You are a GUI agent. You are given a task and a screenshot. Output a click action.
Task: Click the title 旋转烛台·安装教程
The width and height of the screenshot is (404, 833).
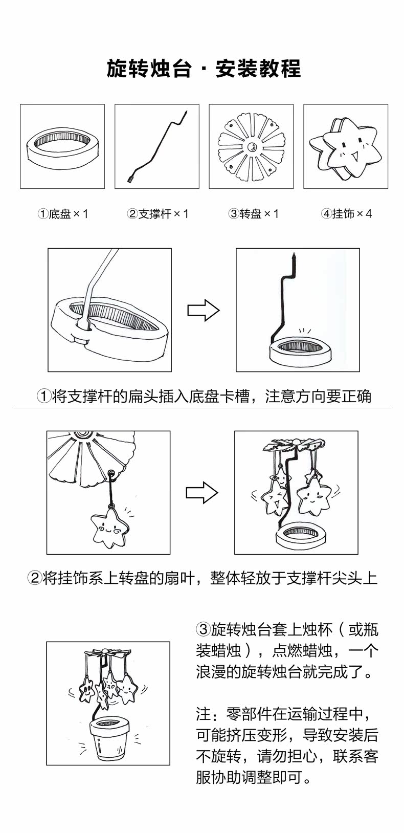(204, 69)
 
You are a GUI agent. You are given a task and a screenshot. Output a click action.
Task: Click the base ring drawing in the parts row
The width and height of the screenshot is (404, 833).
(62, 146)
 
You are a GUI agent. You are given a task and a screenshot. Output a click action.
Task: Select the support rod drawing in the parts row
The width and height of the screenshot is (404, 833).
(156, 146)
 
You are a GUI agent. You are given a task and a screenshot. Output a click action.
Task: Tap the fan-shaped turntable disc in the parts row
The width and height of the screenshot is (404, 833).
(251, 146)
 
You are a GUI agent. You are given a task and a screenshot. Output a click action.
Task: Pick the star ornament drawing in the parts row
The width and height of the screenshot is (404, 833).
(346, 146)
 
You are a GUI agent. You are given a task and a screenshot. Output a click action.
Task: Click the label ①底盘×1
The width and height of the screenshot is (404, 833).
(63, 214)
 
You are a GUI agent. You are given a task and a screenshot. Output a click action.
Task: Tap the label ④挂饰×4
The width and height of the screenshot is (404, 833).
(346, 214)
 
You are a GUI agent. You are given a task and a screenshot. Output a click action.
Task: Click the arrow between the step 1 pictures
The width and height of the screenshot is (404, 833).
(203, 310)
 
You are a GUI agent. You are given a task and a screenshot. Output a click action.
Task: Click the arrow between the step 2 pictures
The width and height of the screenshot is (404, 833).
(201, 492)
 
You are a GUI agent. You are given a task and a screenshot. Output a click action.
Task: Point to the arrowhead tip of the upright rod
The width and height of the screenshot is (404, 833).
(294, 254)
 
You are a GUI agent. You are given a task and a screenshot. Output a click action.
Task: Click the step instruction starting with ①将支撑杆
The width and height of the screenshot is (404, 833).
(204, 396)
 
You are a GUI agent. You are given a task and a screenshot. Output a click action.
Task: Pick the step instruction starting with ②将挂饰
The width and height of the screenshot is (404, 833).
(202, 578)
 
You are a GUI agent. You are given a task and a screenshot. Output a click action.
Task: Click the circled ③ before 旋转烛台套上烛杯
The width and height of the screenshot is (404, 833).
(203, 629)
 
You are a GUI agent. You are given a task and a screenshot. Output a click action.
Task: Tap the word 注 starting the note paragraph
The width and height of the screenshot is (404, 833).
(203, 714)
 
